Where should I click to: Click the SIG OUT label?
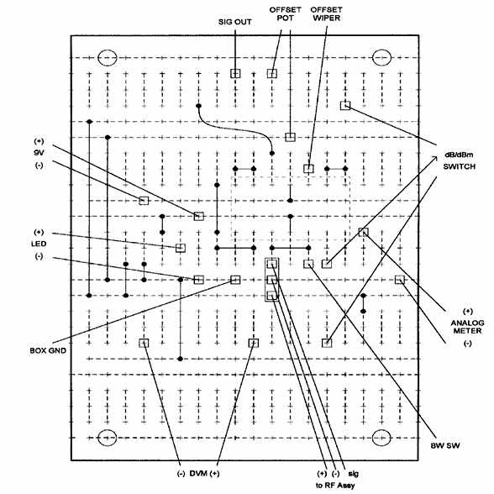pyautogui.click(x=235, y=22)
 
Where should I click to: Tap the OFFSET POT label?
pyautogui.click(x=285, y=13)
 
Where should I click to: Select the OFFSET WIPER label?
pyautogui.click(x=326, y=13)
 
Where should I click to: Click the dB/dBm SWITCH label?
pyautogui.click(x=459, y=160)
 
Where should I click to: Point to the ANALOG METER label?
pyautogui.click(x=467, y=327)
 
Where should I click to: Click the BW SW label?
pyautogui.click(x=445, y=445)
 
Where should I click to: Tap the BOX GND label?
pyautogui.click(x=48, y=350)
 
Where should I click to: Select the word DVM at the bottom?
pyautogui.click(x=198, y=474)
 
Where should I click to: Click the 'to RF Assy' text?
pyautogui.click(x=335, y=486)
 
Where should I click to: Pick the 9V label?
pyautogui.click(x=39, y=153)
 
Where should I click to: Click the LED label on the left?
pyautogui.click(x=39, y=244)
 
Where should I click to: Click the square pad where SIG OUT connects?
pyautogui.click(x=235, y=73)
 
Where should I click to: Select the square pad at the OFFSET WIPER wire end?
pyautogui.click(x=308, y=169)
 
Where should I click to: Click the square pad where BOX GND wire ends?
pyautogui.click(x=235, y=280)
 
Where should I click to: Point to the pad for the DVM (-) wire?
pyautogui.click(x=144, y=343)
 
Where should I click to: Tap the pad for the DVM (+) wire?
pyautogui.click(x=254, y=343)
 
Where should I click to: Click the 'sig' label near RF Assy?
pyautogui.click(x=353, y=474)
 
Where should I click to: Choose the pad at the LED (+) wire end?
pyautogui.click(x=180, y=249)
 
